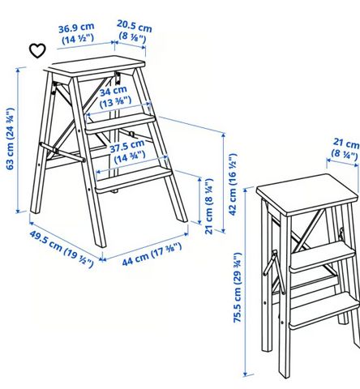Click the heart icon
pos(37,50)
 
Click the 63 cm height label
pos(10,139)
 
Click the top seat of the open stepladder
pos(95,66)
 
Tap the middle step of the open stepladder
pos(120,122)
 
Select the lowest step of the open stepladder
pos(133,178)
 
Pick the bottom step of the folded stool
pos(324,310)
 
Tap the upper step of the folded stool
pos(322,255)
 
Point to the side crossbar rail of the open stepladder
pos(62,152)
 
